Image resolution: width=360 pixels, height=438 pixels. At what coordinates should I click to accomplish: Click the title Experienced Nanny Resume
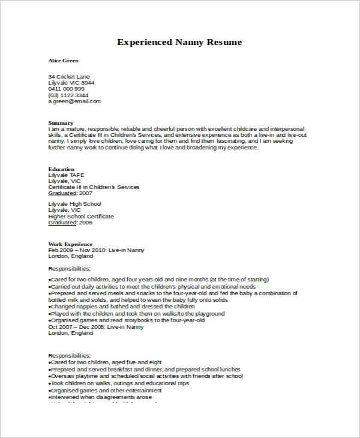(179, 42)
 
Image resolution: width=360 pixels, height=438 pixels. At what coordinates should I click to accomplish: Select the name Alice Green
(63, 61)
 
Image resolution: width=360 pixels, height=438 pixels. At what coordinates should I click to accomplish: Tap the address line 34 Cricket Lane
(69, 77)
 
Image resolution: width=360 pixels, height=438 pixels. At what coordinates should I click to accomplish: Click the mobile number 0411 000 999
(66, 89)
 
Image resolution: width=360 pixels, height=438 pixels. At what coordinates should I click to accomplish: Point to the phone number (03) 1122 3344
(68, 95)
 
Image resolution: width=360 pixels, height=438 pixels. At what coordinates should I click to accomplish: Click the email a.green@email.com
(74, 101)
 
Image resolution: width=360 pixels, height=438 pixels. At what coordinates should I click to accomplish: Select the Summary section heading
(61, 123)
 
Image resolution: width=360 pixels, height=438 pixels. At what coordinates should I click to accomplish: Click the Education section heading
(61, 169)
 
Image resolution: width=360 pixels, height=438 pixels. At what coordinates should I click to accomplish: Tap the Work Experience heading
(70, 244)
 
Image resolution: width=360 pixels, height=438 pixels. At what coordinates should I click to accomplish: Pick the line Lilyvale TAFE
(67, 175)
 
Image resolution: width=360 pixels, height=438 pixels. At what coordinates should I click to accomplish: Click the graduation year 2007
(86, 193)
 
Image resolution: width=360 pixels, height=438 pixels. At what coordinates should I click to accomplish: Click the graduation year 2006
(86, 223)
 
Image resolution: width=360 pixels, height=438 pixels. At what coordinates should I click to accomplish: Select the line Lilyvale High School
(74, 204)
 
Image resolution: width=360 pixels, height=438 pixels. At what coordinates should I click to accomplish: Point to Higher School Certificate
(80, 217)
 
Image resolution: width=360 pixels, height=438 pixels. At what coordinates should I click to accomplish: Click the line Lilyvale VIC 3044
(71, 83)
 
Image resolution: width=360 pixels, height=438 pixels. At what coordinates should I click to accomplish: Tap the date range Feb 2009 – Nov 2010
(77, 250)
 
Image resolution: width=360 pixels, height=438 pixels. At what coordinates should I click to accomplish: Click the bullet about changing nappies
(114, 307)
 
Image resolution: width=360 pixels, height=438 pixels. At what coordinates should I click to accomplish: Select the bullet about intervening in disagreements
(101, 397)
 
